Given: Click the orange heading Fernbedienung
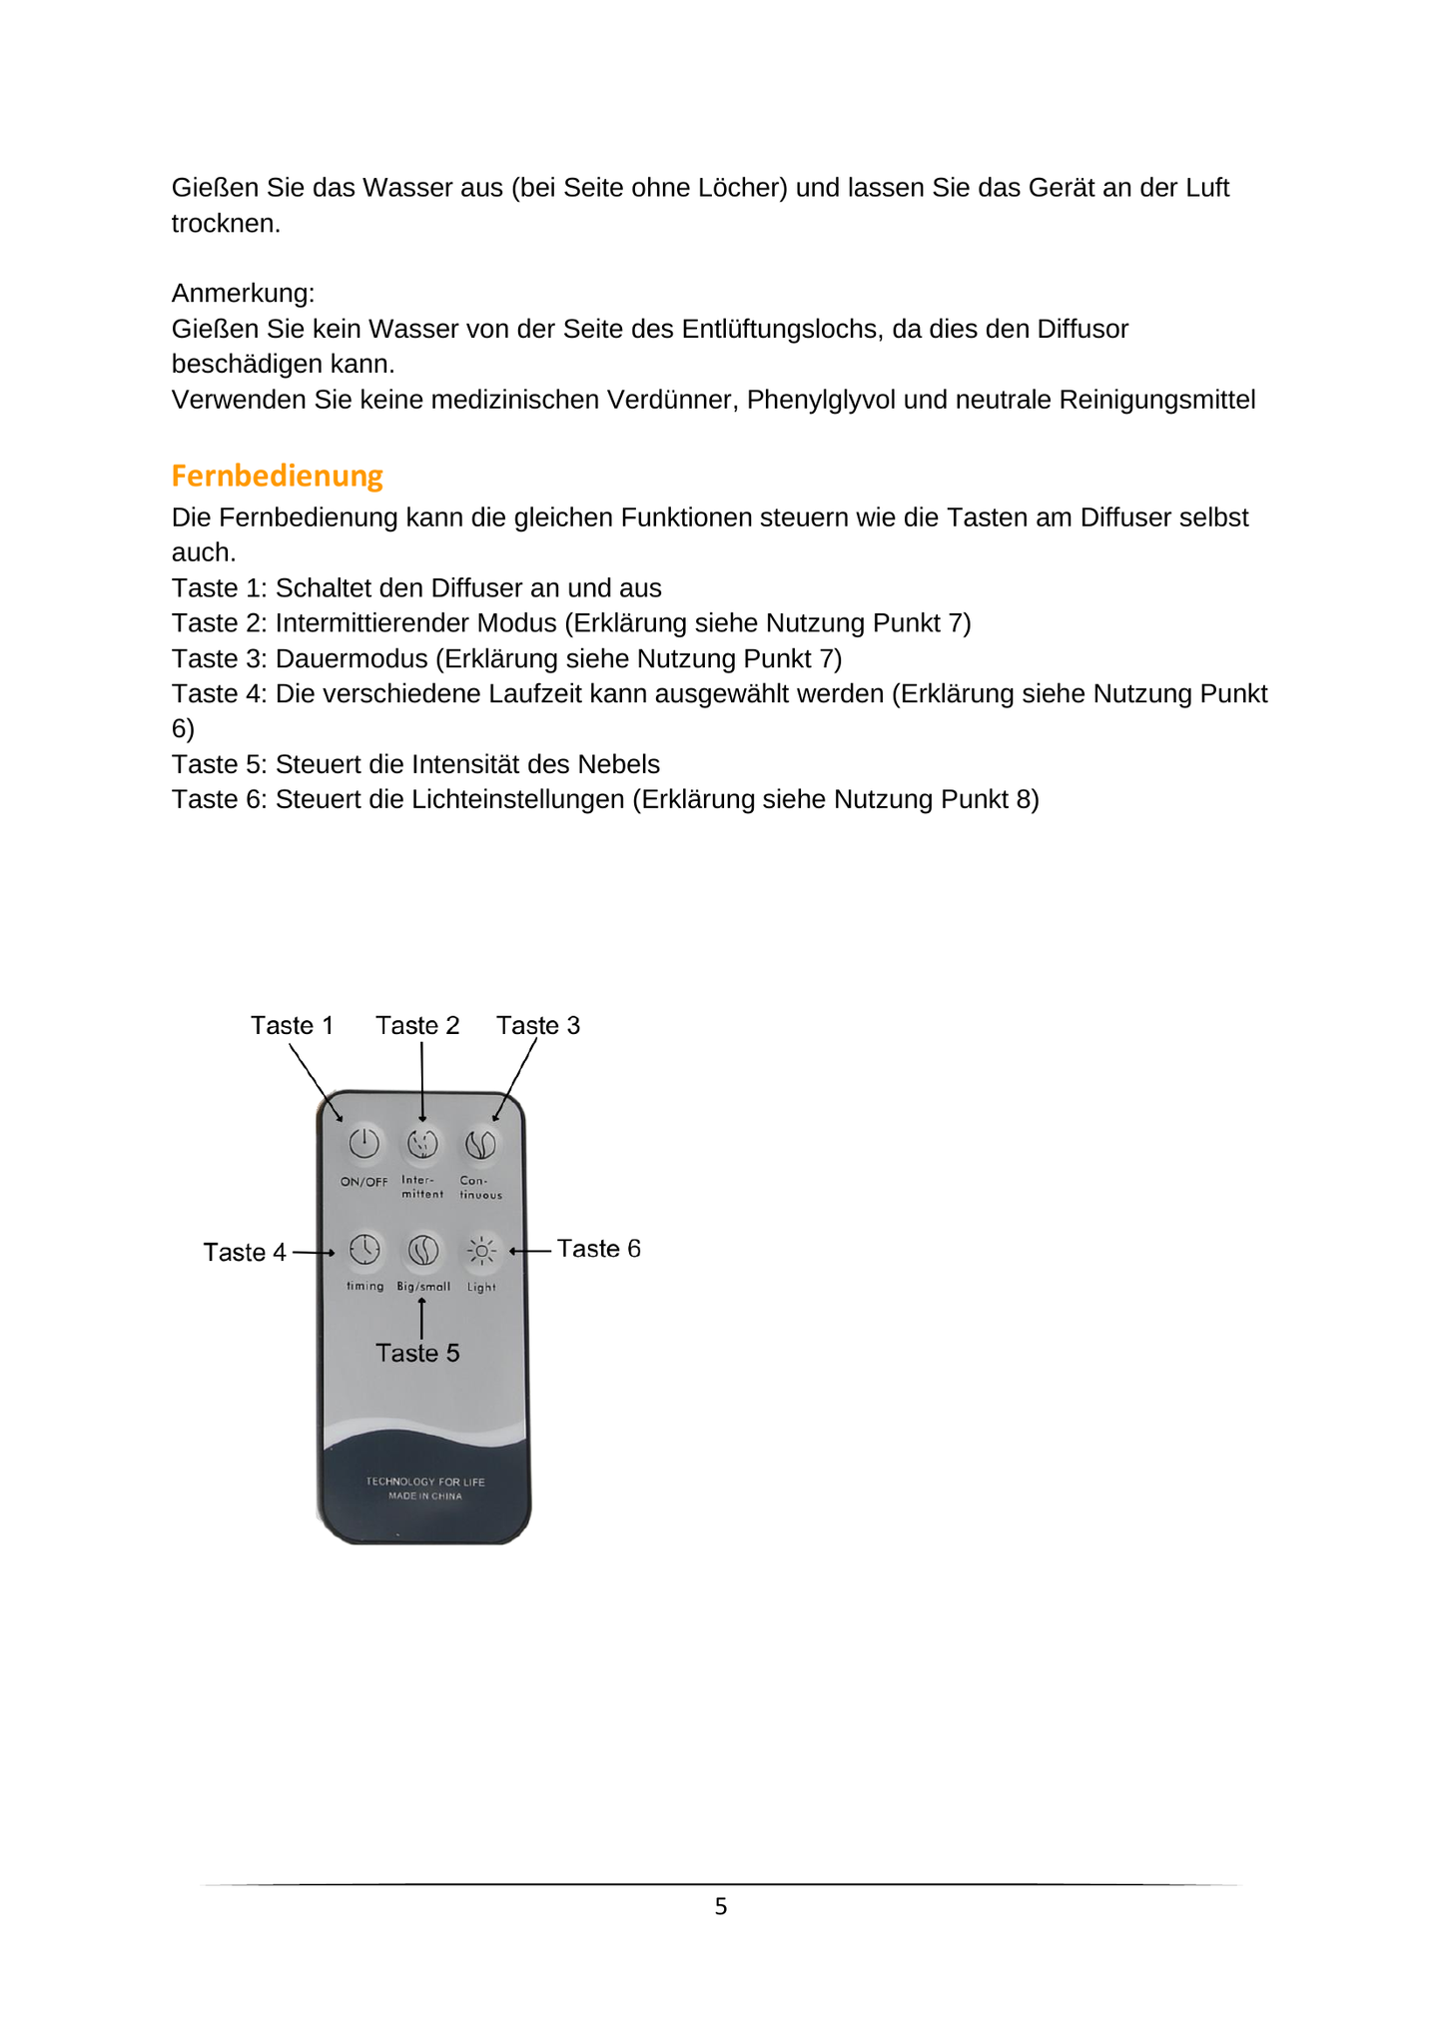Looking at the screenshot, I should [277, 476].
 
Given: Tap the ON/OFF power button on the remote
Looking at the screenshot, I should [363, 1143].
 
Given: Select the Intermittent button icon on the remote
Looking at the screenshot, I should [422, 1144].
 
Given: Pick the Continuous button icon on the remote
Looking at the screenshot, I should [480, 1144].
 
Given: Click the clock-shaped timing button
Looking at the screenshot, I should [364, 1249].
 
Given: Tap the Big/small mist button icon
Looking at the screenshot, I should [423, 1250].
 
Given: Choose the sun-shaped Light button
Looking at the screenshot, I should [481, 1250].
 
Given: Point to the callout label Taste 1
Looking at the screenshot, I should [292, 1026].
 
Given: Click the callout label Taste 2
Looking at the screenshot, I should [417, 1026].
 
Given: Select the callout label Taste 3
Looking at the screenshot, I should [538, 1026].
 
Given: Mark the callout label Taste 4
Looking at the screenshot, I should [245, 1253].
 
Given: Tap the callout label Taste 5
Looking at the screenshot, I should [417, 1354].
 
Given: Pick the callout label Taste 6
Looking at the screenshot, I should [598, 1249].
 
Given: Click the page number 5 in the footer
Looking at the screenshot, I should [721, 1907].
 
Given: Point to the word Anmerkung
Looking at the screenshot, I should [243, 294].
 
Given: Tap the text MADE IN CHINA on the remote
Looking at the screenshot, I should [425, 1497].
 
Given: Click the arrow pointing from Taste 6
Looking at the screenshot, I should [530, 1250].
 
